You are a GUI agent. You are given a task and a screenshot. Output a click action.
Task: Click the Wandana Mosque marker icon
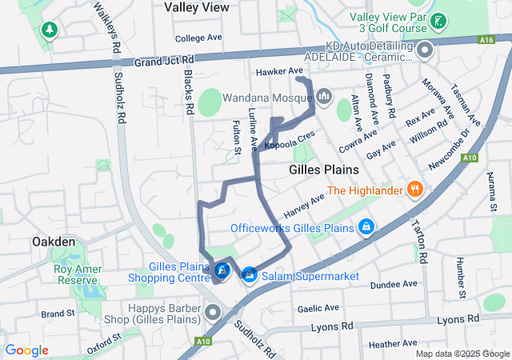click(x=324, y=97)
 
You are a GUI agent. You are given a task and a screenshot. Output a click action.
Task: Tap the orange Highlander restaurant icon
click(x=414, y=190)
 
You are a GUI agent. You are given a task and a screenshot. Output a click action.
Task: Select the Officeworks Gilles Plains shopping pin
click(x=366, y=227)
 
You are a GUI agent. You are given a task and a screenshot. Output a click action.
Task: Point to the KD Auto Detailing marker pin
click(x=425, y=52)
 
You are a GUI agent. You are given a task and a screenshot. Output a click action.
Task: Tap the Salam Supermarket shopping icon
click(x=249, y=274)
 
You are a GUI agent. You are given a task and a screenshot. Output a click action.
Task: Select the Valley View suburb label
click(x=197, y=7)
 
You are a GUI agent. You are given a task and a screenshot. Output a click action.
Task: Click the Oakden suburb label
click(x=54, y=241)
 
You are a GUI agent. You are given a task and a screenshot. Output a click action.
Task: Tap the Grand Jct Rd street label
click(x=165, y=61)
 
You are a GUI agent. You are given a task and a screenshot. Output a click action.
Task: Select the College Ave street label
click(x=198, y=38)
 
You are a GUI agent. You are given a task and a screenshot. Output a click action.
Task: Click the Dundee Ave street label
click(x=394, y=284)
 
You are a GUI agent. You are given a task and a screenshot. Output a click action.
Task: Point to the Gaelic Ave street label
click(x=318, y=308)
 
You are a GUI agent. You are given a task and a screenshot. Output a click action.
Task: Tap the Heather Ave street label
click(x=393, y=343)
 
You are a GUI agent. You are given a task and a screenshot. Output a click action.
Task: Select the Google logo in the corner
click(x=26, y=350)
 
